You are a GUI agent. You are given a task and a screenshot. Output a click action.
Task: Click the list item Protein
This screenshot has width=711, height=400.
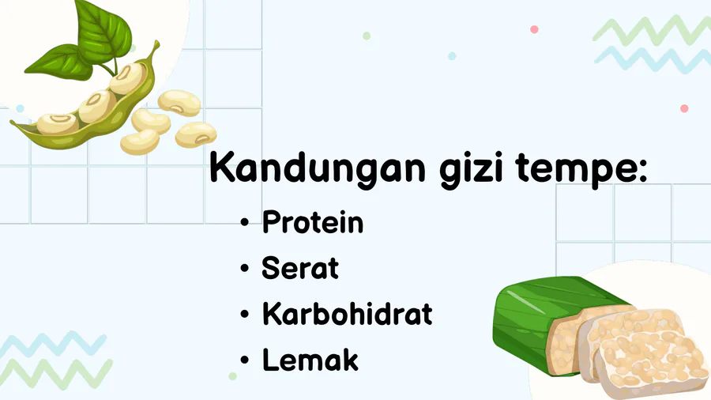313,222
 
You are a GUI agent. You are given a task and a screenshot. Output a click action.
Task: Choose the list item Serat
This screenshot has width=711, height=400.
300,267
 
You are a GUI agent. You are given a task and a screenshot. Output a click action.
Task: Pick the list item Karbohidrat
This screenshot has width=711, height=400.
348,313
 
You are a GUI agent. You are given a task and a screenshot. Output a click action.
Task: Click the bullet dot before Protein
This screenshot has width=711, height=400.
245,223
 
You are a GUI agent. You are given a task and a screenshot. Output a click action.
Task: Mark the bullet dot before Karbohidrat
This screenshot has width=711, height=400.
245,314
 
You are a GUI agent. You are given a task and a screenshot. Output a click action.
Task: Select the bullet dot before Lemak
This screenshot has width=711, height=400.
245,360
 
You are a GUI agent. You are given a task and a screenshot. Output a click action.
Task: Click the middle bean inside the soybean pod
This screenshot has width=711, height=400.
96,106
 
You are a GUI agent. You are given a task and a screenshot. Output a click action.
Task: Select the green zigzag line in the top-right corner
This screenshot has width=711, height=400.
652,31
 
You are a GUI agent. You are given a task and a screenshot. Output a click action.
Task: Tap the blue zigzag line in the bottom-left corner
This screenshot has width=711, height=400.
54,345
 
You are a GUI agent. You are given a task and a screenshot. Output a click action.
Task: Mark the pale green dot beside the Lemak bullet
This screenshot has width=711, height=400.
232,376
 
